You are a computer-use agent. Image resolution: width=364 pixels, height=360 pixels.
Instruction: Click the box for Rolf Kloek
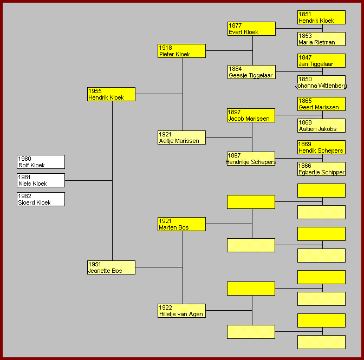pyautogui.click(x=41, y=162)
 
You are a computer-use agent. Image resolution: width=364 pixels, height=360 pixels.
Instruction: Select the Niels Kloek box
pyautogui.click(x=41, y=180)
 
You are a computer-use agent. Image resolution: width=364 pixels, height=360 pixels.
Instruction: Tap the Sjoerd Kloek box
pyautogui.click(x=41, y=199)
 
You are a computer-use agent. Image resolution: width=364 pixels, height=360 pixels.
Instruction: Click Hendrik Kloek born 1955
pyautogui.click(x=111, y=94)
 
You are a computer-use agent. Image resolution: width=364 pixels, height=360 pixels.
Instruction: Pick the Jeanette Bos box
pyautogui.click(x=111, y=267)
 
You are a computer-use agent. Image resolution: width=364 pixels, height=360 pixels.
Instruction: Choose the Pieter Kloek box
pyautogui.click(x=181, y=51)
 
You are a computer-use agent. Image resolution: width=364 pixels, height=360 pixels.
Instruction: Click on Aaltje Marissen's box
pyautogui.click(x=181, y=138)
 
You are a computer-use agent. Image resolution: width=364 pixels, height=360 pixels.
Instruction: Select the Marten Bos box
pyautogui.click(x=181, y=224)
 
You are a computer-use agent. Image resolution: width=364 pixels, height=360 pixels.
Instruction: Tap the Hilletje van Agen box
pyautogui.click(x=181, y=311)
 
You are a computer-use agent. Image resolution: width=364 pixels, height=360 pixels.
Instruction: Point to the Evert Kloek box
pyautogui.click(x=252, y=29)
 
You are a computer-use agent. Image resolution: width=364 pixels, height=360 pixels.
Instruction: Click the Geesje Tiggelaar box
pyautogui.click(x=252, y=72)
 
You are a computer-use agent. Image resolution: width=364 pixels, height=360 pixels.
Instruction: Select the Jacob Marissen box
pyautogui.click(x=251, y=115)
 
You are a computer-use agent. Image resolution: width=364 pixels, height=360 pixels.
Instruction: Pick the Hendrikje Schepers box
pyautogui.click(x=251, y=159)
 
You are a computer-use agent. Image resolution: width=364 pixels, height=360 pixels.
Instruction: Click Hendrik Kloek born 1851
pyautogui.click(x=322, y=17)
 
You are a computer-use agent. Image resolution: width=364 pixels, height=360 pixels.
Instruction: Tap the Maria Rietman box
pyautogui.click(x=322, y=39)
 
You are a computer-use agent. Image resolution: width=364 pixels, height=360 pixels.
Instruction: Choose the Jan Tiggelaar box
pyautogui.click(x=322, y=61)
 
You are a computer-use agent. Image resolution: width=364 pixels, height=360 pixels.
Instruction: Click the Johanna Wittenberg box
pyautogui.click(x=322, y=82)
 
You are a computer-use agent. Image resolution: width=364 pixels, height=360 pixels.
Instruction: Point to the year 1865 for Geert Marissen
pyautogui.click(x=305, y=101)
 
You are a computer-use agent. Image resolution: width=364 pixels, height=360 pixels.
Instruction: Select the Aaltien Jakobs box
pyautogui.click(x=322, y=126)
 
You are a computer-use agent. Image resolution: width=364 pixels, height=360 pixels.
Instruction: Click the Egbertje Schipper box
pyautogui.click(x=322, y=169)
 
